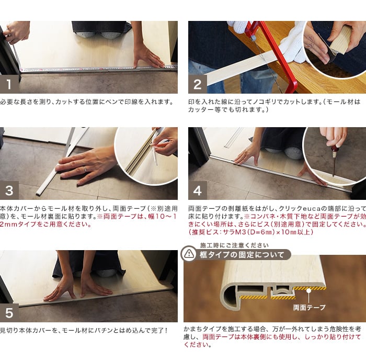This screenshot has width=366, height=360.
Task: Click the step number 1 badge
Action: (9, 84)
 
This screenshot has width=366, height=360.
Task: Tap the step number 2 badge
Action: (198, 84)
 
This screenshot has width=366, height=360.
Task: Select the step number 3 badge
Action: (9, 190)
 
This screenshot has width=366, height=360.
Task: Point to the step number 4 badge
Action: (198, 190)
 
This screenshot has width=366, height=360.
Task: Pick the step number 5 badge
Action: (9, 313)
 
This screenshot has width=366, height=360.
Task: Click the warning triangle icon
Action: (189, 254)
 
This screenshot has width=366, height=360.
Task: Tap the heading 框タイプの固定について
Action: (242, 255)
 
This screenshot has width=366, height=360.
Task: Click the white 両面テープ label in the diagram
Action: (309, 308)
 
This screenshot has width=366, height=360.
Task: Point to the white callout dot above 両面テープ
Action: (309, 290)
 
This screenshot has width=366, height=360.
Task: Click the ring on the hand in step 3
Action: (85, 168)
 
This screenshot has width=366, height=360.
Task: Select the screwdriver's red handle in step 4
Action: (336, 149)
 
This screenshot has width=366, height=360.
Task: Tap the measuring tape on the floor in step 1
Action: (98, 69)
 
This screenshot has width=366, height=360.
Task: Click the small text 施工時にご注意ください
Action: (234, 245)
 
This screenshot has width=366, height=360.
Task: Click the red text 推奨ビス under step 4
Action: (205, 232)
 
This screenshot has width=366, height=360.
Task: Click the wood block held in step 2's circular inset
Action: (340, 41)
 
